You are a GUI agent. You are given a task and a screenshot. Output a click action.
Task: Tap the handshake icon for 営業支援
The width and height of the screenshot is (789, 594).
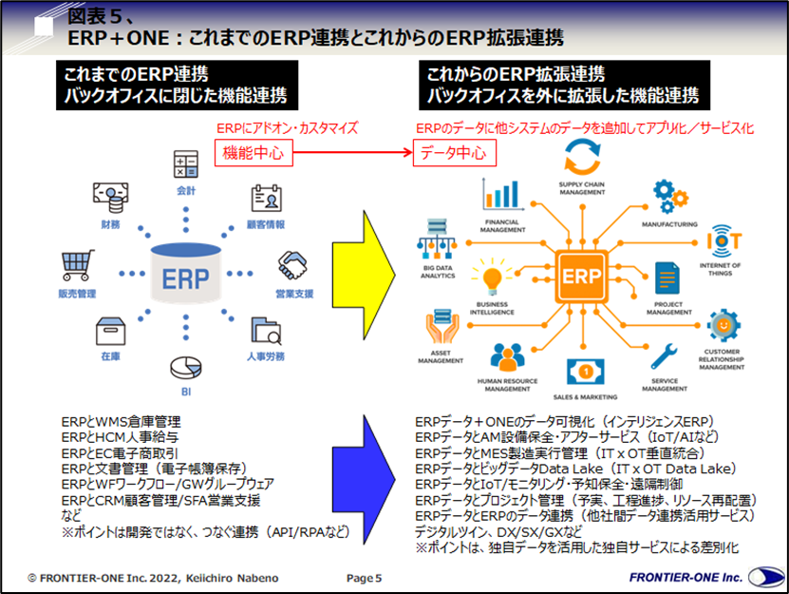(290, 264)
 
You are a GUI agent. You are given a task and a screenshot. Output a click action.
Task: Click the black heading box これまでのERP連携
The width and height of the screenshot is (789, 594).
(175, 85)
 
